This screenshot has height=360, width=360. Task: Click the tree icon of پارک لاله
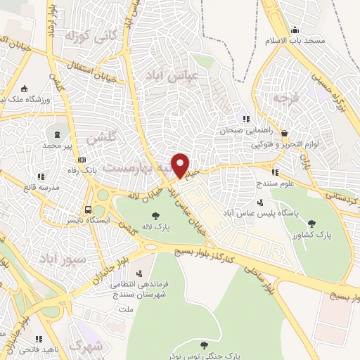(155, 216)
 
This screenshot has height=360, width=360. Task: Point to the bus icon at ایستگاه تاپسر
(88, 209)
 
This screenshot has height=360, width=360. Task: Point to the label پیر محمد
(58, 144)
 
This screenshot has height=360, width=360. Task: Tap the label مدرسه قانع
(39, 187)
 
